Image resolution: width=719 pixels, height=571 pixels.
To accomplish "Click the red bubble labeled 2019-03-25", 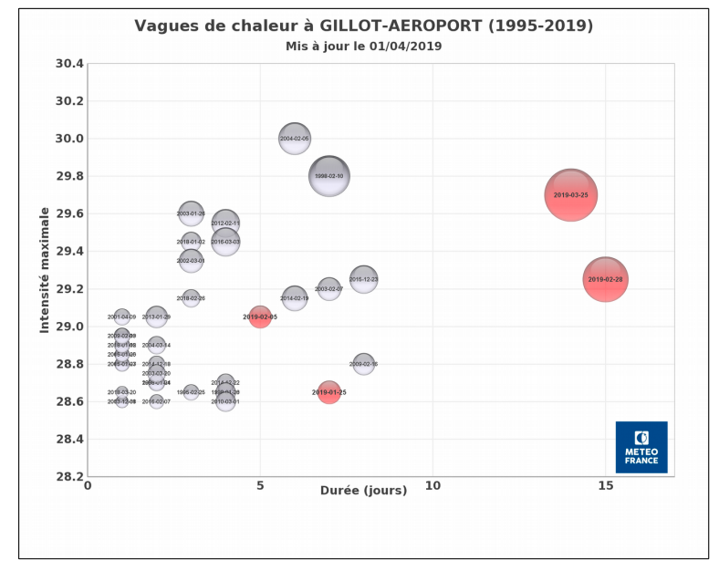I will click(571, 195).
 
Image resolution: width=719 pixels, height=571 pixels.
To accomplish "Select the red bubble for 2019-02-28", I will click(605, 279).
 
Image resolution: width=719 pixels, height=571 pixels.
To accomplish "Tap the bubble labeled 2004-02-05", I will click(295, 139).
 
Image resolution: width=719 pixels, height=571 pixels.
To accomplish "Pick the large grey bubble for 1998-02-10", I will click(329, 176).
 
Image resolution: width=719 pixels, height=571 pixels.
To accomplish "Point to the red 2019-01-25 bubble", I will click(329, 392).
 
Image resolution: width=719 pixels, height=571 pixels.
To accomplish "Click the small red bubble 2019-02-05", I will click(260, 317).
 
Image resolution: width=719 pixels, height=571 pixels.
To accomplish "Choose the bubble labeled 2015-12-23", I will click(363, 279).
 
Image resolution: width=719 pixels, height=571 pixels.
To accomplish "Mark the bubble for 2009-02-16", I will click(363, 364).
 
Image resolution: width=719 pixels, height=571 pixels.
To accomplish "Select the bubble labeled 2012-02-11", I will click(225, 223).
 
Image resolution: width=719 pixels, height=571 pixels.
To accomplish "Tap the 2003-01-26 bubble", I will click(191, 213).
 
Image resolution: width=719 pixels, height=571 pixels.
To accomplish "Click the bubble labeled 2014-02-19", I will click(295, 298).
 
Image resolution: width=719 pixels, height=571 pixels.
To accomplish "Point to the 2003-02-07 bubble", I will click(329, 289).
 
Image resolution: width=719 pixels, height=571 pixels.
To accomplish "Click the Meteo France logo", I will click(641, 447).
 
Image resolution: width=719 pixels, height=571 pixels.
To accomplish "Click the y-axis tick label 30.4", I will click(69, 64).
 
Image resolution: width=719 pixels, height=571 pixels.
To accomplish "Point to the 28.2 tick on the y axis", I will click(69, 476).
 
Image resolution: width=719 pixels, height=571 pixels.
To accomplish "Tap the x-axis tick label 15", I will click(605, 486).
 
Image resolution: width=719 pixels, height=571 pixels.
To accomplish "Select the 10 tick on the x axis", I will click(432, 486).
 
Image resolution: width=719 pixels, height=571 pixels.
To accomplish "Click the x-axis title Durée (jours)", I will click(363, 491).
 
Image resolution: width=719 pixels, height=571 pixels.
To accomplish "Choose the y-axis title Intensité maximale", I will click(45, 270).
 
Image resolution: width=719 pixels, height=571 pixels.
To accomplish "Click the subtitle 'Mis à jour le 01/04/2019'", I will click(363, 46).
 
